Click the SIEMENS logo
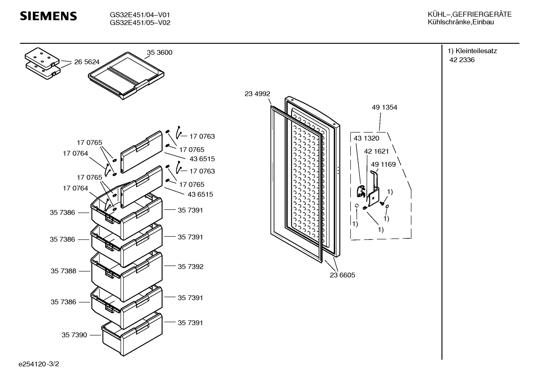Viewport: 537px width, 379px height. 48,16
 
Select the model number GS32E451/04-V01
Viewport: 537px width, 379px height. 140,15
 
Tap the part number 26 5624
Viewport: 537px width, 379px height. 87,62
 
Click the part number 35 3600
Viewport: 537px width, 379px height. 159,52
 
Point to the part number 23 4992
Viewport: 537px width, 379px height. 257,94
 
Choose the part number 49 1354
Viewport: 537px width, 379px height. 385,107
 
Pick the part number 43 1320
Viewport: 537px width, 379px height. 366,138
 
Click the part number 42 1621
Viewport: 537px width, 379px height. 376,151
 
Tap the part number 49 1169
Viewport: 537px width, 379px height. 383,164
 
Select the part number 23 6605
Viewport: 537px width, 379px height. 342,275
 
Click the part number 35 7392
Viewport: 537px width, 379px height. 190,266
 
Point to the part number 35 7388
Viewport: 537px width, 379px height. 63,271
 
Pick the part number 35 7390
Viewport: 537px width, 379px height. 74,335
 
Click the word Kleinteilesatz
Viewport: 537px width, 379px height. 476,51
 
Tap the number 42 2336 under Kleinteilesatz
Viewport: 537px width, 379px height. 462,60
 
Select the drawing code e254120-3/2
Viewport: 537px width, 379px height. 39,364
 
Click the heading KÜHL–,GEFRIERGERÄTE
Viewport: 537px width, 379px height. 470,15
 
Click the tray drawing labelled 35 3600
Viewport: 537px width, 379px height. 126,76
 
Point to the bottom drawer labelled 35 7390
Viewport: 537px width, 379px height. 132,334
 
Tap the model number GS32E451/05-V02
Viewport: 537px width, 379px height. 140,23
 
